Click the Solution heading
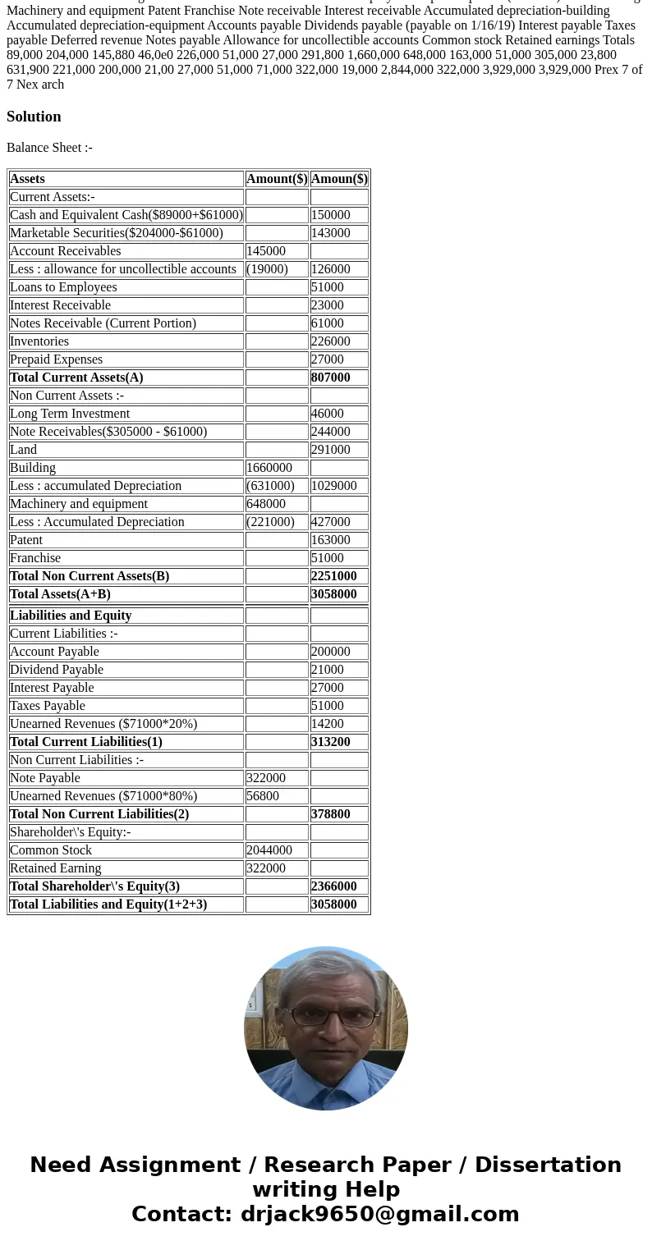tap(34, 117)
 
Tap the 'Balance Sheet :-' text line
tap(49, 148)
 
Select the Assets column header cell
tap(27, 179)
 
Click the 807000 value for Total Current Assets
tap(330, 378)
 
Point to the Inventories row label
tap(39, 341)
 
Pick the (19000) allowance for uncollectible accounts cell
tap(267, 269)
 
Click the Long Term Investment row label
tap(70, 414)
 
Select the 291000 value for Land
tap(330, 450)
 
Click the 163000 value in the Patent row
tap(330, 540)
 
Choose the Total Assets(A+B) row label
tap(60, 594)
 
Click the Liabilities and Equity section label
tap(71, 616)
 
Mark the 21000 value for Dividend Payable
tap(327, 670)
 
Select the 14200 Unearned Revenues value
tap(327, 724)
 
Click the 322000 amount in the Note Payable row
tap(266, 778)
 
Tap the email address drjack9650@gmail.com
tap(379, 1215)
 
